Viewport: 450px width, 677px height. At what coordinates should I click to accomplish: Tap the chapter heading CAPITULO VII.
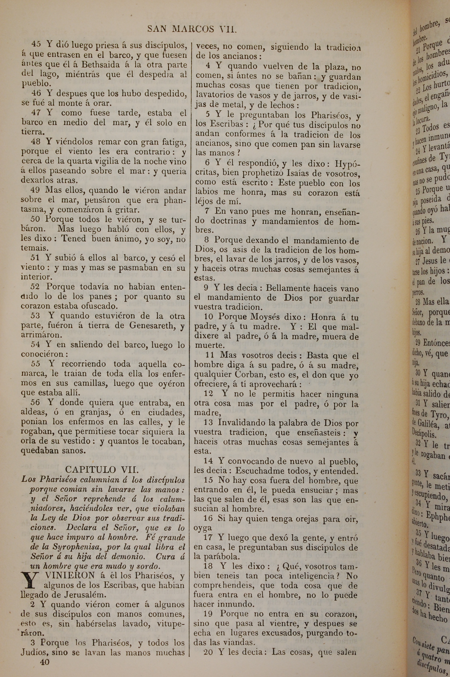[102, 469]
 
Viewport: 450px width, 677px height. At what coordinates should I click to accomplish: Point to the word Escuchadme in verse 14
[253, 471]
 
